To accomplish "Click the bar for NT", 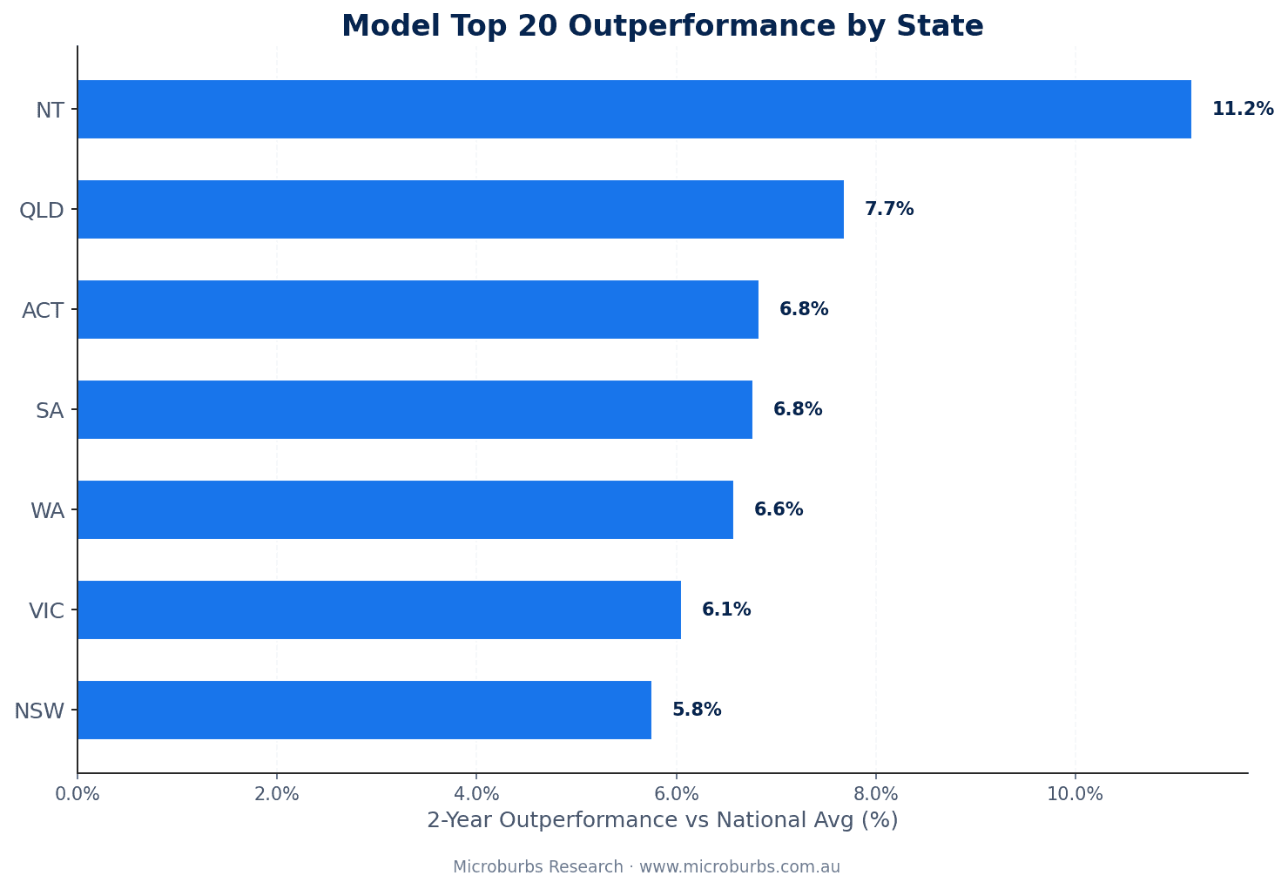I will (x=634, y=109).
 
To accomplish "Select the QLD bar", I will (x=460, y=209).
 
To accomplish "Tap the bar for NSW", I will (x=364, y=710).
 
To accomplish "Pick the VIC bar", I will (x=379, y=610).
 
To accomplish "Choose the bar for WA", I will (x=405, y=509).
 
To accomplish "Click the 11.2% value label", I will (x=1242, y=109).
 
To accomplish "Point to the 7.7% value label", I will (x=888, y=209).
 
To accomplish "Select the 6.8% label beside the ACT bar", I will (x=803, y=309).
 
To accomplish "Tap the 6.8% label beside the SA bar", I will (x=797, y=409).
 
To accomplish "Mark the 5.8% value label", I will (x=696, y=710).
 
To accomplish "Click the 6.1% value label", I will (x=725, y=610).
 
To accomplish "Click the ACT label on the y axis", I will (x=43, y=310).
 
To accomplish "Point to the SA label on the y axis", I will (x=50, y=410).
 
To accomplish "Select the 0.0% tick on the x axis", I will (x=78, y=793).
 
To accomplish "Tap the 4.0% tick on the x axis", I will (x=476, y=793).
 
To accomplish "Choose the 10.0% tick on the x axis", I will (x=1075, y=793).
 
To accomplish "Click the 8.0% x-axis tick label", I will (x=876, y=793).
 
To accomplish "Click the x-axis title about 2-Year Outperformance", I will (x=662, y=820).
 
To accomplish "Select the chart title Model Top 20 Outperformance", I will (x=662, y=26).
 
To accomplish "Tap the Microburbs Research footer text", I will (x=646, y=867).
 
